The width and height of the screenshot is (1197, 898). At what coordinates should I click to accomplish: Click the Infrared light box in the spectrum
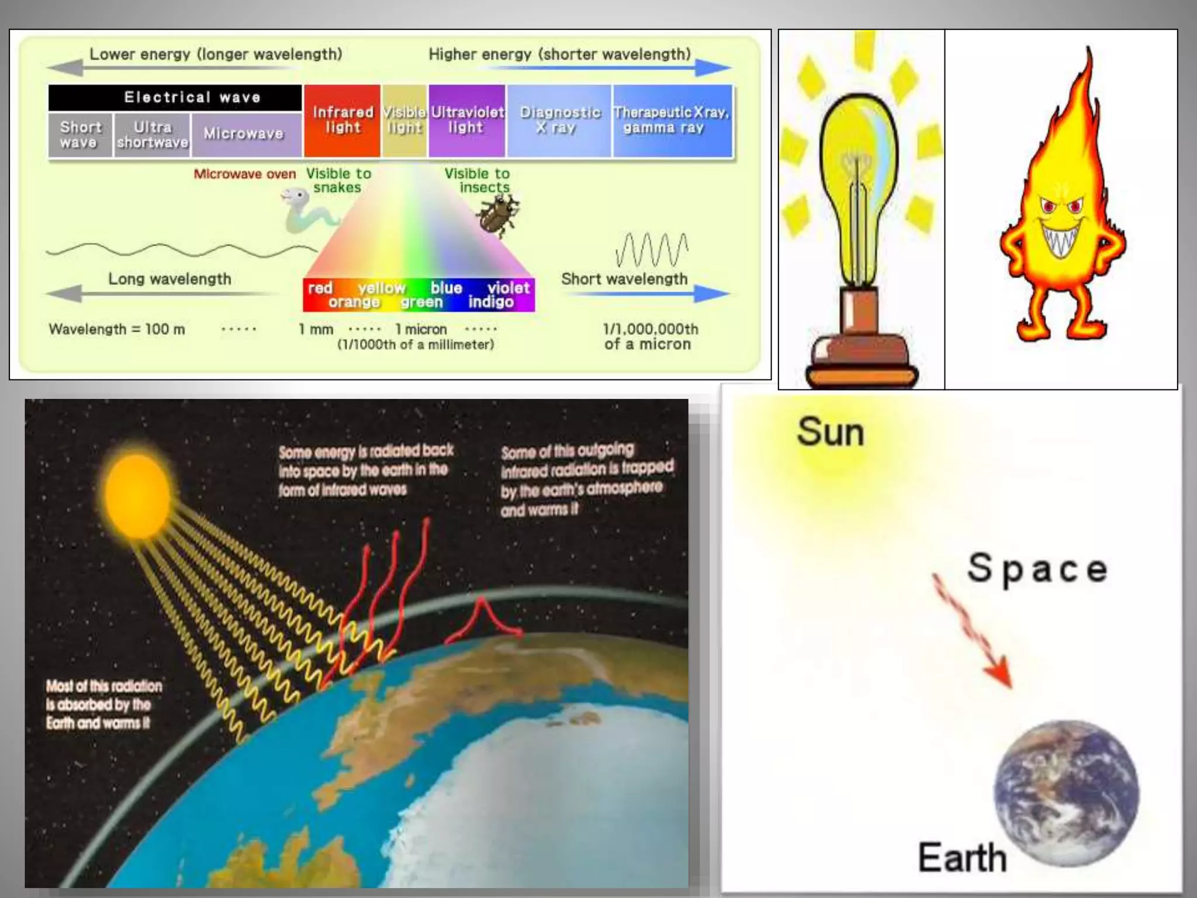[x=342, y=120]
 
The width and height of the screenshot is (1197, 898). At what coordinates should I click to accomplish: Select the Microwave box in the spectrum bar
[x=244, y=134]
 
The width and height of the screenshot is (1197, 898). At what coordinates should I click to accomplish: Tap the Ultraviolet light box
[x=466, y=120]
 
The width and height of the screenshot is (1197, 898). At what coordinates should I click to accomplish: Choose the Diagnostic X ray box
[x=559, y=120]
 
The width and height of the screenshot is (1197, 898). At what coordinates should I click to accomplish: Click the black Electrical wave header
[x=175, y=97]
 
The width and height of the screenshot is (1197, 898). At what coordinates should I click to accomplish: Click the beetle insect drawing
[x=499, y=214]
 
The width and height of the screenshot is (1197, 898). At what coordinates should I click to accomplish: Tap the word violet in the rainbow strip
[x=508, y=288]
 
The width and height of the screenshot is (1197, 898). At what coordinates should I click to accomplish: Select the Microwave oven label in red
[x=244, y=174]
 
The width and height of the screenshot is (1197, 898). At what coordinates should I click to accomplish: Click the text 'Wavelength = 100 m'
[x=117, y=329]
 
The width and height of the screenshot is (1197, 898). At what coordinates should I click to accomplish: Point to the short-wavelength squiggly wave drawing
[x=651, y=250]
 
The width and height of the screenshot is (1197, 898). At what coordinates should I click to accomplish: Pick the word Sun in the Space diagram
[x=830, y=433]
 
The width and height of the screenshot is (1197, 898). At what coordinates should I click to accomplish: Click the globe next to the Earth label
[x=1066, y=793]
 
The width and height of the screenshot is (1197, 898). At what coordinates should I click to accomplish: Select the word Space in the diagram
[x=1037, y=568]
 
